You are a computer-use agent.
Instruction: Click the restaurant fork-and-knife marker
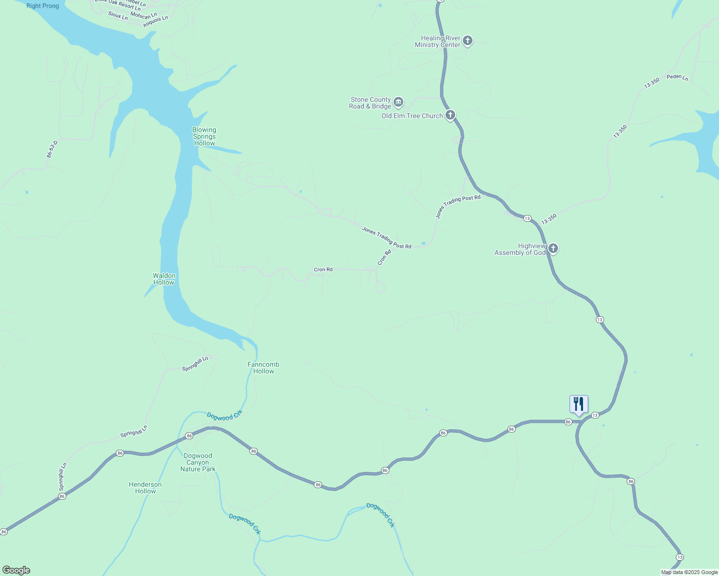point(579,404)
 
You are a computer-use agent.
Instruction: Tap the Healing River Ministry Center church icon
point(468,41)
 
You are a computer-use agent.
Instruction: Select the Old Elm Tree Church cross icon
point(450,115)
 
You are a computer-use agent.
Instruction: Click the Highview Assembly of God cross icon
point(553,249)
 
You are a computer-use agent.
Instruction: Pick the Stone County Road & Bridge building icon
point(398,102)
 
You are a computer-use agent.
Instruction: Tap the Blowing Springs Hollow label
point(204,137)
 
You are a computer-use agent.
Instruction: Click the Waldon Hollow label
point(164,279)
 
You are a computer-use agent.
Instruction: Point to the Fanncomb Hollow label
point(263,368)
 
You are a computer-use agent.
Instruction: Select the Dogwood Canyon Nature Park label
point(198,462)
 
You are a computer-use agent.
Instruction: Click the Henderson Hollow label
point(145,488)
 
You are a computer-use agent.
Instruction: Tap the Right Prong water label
point(43,6)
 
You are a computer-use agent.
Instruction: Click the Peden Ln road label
point(677,77)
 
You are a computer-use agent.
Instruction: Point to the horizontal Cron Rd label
point(323,270)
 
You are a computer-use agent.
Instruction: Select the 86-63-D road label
point(52,149)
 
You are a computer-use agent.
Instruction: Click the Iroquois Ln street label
point(156,21)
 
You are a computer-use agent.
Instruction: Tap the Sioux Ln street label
point(118,16)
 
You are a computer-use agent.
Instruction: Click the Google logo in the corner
point(16,570)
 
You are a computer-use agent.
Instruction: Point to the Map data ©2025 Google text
point(689,572)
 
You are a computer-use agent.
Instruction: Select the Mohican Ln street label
point(144,15)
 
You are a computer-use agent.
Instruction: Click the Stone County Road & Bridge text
point(370,103)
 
